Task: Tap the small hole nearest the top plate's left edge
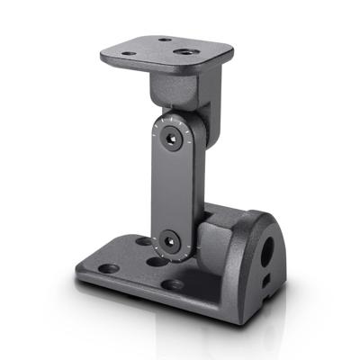tap(129, 53)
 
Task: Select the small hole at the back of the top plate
tap(166, 39)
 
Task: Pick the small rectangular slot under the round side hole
tap(266, 282)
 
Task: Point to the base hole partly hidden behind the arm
tap(144, 241)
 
